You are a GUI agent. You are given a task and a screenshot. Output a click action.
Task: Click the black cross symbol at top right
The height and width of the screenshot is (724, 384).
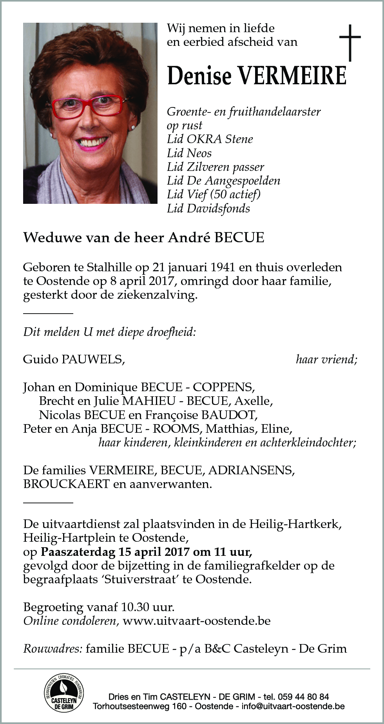pos(350,43)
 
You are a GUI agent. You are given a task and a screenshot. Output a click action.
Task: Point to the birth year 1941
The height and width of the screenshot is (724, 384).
pos(223,268)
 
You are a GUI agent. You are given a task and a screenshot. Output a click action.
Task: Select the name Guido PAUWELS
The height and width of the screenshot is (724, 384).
pos(74,359)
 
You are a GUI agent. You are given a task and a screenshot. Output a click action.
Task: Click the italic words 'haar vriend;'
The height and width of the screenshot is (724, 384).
pos(326,359)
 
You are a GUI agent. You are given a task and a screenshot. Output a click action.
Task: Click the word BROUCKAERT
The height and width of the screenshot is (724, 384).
pos(66,484)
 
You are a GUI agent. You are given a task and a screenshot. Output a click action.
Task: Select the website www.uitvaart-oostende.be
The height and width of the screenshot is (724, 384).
pos(196,621)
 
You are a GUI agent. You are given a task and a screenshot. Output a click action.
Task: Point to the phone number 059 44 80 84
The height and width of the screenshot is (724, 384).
pos(302,697)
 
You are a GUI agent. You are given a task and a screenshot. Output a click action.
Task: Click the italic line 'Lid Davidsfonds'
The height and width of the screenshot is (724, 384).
pos(208,209)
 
